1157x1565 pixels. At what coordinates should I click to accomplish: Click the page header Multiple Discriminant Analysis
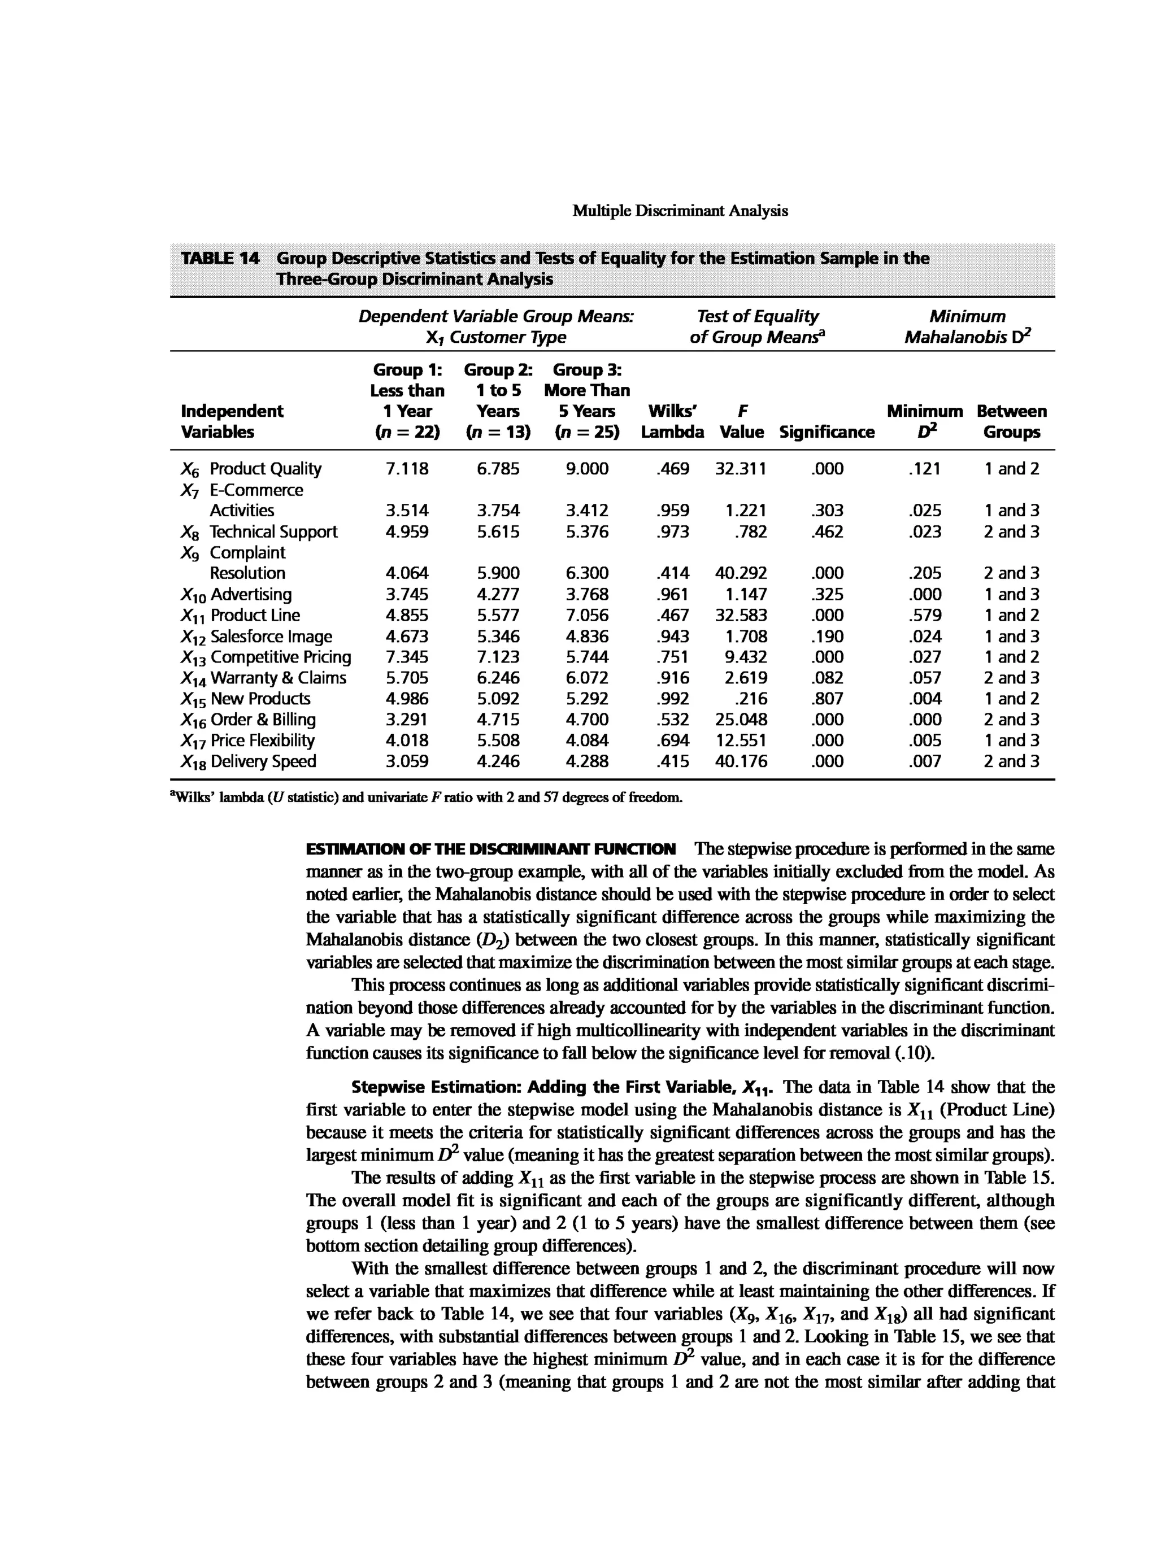pos(680,211)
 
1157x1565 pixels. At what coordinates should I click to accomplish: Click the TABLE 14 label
pos(220,258)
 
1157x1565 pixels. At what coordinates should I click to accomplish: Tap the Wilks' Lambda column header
pos(672,421)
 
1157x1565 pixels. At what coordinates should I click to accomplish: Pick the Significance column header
pos(827,432)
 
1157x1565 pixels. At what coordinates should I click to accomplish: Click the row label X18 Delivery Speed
pos(249,761)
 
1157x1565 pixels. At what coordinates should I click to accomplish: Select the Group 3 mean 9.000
pos(587,468)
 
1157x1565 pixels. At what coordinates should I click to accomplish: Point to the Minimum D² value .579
pos(924,615)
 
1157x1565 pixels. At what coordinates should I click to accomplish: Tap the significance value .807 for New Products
pos(827,698)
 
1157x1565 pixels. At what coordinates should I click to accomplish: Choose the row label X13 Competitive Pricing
pos(266,657)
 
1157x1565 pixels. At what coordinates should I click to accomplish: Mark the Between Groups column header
pos(1011,421)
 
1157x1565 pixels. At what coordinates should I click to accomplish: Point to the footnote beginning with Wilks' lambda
pos(426,797)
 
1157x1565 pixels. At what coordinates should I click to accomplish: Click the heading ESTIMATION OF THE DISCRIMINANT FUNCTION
pos(491,849)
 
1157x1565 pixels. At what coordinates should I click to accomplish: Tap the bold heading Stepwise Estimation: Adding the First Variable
pos(563,1087)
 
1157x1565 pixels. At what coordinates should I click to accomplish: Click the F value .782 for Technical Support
pos(751,531)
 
